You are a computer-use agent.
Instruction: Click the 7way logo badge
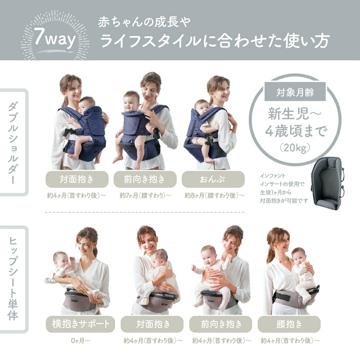click(55, 39)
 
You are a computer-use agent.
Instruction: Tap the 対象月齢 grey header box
click(295, 92)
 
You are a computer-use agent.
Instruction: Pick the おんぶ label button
click(213, 180)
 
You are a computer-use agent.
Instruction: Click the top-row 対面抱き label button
click(77, 180)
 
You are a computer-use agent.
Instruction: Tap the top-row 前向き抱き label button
click(145, 180)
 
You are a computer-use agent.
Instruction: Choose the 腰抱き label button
click(289, 324)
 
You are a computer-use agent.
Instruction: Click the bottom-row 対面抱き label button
click(152, 324)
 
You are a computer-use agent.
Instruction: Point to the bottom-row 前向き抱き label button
click(220, 324)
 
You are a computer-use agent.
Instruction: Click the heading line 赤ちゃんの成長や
click(145, 23)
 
